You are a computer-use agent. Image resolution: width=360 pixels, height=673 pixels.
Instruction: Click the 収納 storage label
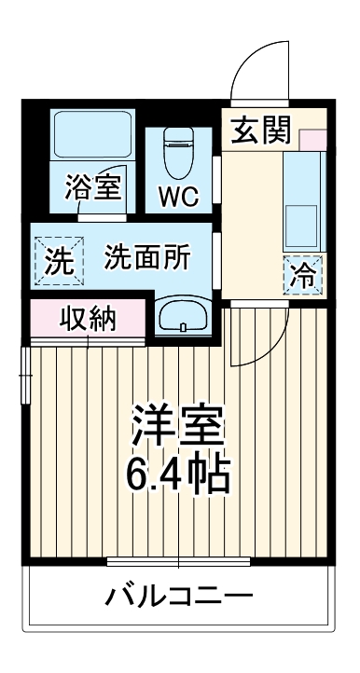[89, 319]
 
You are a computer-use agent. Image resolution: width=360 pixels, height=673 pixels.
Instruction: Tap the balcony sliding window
[178, 562]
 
